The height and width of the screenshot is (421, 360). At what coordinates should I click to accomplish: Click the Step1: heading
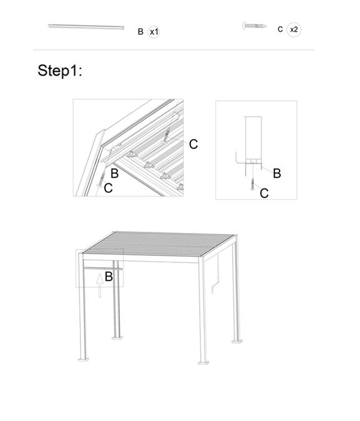(x=60, y=71)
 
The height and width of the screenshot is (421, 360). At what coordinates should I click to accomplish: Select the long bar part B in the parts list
(x=86, y=27)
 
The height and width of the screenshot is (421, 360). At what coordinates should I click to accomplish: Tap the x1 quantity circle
(x=153, y=32)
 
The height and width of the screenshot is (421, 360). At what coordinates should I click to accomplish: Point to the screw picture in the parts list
(x=255, y=26)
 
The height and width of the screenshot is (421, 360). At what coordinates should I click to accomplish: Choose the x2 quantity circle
(x=294, y=29)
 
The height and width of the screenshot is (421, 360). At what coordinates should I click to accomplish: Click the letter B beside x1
(x=140, y=32)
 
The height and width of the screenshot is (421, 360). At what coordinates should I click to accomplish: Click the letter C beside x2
(x=280, y=29)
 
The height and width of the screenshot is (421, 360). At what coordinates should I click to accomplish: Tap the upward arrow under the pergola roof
(x=100, y=285)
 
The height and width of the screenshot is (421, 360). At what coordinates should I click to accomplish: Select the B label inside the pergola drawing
(x=109, y=277)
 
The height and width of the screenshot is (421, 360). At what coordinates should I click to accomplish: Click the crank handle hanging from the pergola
(x=216, y=277)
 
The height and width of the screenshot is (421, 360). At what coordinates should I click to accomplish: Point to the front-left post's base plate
(x=84, y=360)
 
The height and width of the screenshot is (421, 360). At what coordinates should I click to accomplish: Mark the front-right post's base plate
(x=203, y=363)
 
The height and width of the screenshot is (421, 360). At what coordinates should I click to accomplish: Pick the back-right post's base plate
(x=237, y=341)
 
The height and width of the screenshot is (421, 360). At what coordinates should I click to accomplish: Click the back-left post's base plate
(x=117, y=337)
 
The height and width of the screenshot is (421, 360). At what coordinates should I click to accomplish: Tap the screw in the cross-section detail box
(x=253, y=184)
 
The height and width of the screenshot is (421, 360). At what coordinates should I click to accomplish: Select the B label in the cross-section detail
(x=277, y=174)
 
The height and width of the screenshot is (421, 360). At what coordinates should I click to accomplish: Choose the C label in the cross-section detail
(x=265, y=193)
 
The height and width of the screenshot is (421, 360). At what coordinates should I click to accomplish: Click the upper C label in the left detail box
(x=193, y=144)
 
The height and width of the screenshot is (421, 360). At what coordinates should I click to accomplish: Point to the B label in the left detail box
(x=115, y=174)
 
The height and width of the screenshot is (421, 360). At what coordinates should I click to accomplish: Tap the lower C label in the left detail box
(x=108, y=188)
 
